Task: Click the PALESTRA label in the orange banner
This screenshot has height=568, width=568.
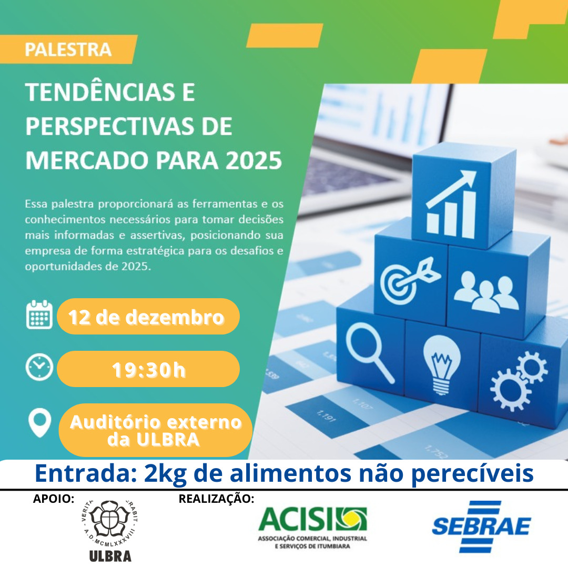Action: click(x=68, y=49)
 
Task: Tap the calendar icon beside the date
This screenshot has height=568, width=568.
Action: click(x=39, y=315)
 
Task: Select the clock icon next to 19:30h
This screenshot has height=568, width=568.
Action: click(x=39, y=367)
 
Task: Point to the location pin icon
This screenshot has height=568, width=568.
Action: click(x=39, y=422)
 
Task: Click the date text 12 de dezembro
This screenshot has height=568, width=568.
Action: click(x=146, y=317)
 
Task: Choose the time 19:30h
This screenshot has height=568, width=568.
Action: click(x=148, y=370)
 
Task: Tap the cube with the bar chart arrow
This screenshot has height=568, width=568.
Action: click(x=464, y=196)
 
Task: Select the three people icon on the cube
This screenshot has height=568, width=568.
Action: click(x=486, y=291)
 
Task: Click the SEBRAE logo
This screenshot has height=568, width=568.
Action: click(x=481, y=526)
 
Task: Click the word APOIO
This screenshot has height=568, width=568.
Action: click(x=54, y=499)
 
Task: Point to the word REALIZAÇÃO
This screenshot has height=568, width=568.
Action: click(x=217, y=499)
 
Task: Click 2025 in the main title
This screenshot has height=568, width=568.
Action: click(x=253, y=160)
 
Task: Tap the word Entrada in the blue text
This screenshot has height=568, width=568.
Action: click(x=86, y=473)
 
